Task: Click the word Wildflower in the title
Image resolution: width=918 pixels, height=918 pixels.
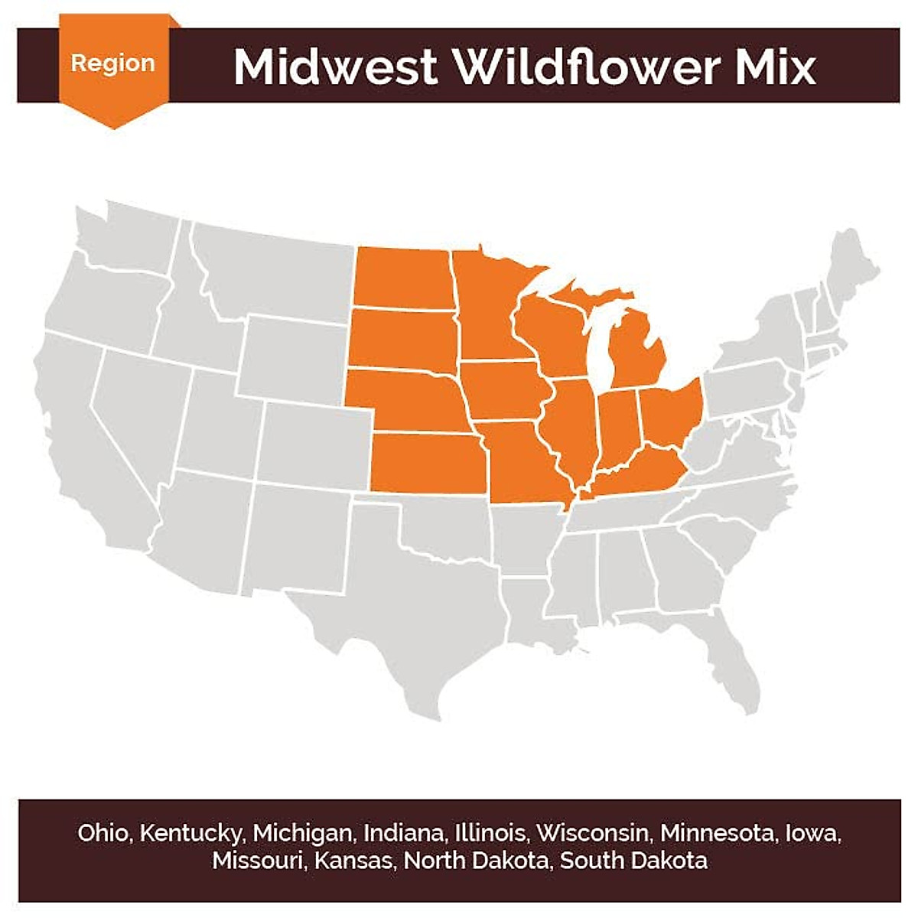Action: [589, 67]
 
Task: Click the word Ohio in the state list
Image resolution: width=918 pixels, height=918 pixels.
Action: [103, 832]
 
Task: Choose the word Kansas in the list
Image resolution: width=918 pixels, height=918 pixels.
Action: [354, 861]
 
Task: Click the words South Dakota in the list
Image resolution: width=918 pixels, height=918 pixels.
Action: [633, 861]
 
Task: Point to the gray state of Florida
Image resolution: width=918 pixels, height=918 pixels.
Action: [727, 658]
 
